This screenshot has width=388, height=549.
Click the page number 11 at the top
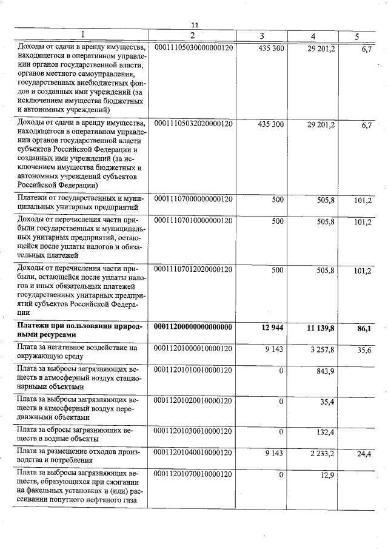(195, 25)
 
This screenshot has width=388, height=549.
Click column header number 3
(261, 36)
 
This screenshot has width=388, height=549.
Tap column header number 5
(356, 36)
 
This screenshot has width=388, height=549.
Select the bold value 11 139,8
(321, 328)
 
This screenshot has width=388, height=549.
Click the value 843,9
(326, 371)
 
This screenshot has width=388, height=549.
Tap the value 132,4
(326, 431)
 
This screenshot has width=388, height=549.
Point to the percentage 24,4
(364, 453)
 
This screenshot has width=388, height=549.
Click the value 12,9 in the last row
(328, 474)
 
